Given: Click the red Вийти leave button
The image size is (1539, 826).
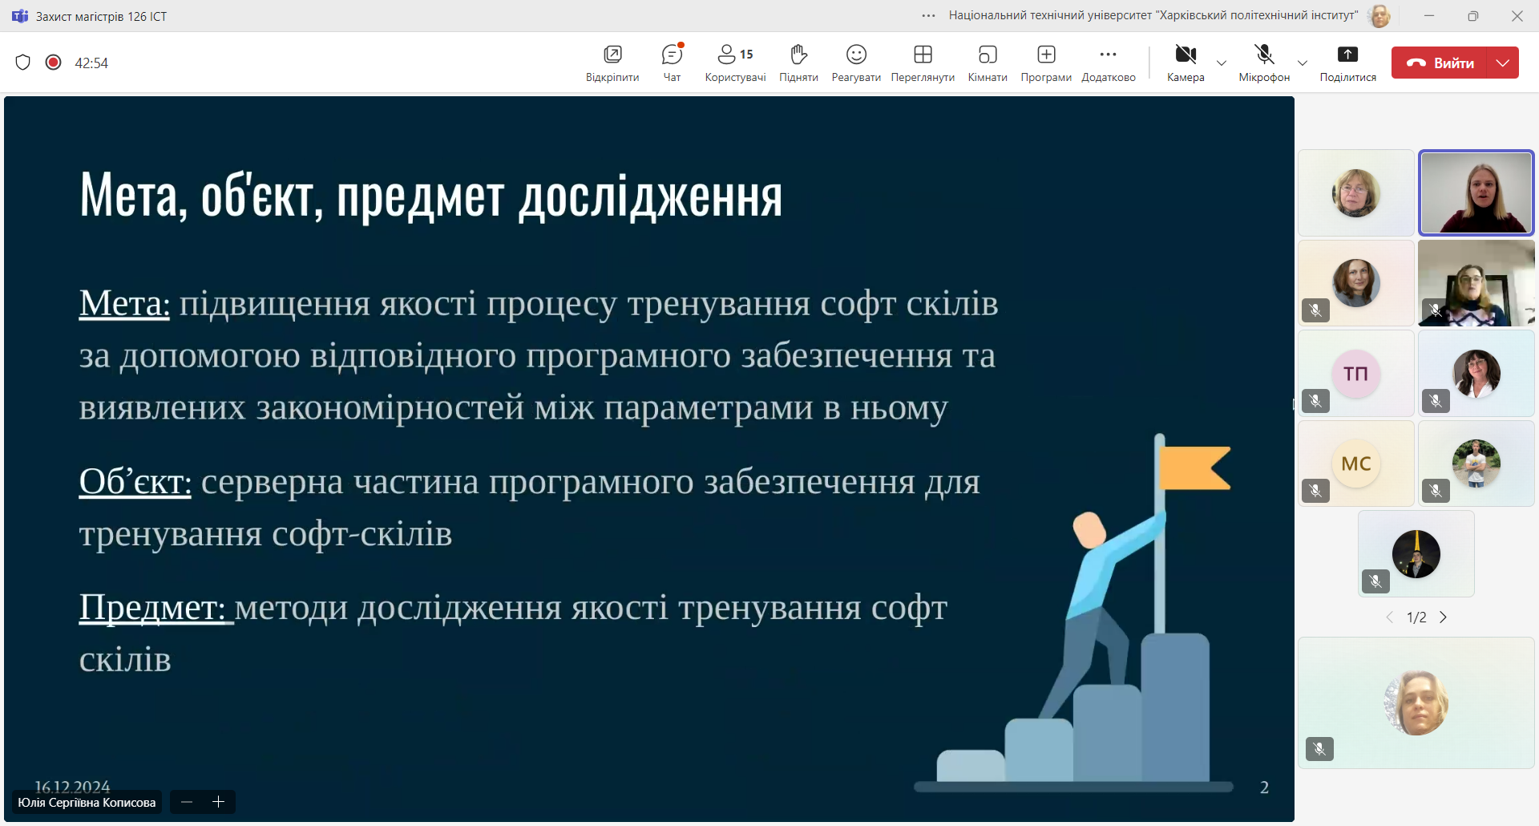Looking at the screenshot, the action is pos(1439,63).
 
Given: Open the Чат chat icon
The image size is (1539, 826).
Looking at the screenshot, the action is pos(672,55).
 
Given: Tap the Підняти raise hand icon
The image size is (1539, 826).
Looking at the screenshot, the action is pos(798,55).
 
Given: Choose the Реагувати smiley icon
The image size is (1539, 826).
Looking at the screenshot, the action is pos(856,55).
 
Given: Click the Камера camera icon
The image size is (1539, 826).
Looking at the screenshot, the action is pos(1186,55).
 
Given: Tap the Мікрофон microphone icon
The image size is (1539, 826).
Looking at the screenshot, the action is pos(1264,55).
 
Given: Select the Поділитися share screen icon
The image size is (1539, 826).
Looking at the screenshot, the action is pos(1347,55).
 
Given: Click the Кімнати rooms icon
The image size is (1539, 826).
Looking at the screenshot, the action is pos(988,55).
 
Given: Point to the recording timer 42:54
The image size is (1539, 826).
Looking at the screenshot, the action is pos(91,63).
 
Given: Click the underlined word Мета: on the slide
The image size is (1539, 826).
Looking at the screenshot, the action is pos(124,304).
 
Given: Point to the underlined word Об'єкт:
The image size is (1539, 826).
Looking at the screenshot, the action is pos(135,482).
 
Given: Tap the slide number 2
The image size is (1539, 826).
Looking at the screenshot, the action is pos(1264,788).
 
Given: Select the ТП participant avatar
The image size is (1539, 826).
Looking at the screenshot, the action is pos(1355,374).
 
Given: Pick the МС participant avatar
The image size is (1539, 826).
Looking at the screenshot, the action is pos(1355,464).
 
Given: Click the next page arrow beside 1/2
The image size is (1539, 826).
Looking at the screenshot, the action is pos(1443,617).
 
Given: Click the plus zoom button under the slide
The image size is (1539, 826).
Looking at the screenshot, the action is pos(218,802).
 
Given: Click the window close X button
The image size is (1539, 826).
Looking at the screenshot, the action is pos(1517,16).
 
